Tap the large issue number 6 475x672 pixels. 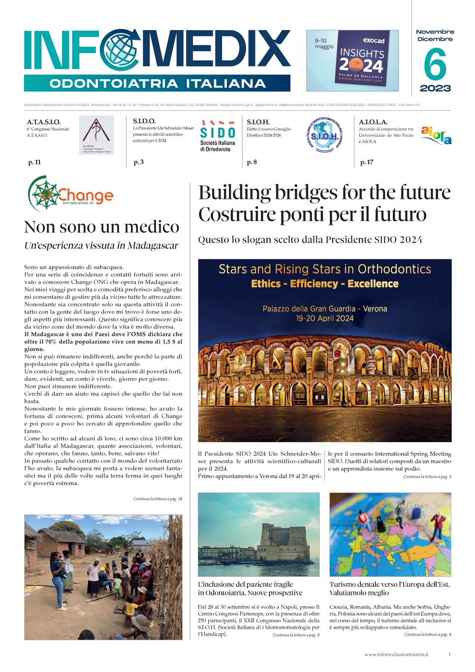point(435,64)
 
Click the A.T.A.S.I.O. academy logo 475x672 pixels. point(96,135)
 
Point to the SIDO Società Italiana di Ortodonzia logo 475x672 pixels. point(217,135)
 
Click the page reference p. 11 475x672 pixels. point(34,162)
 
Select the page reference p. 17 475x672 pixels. point(367,162)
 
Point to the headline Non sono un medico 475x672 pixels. point(101,227)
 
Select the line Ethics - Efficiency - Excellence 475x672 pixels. point(324,284)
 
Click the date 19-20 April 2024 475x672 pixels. point(324,318)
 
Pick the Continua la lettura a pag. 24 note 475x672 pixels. point(158,499)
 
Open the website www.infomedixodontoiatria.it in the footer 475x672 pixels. point(396,654)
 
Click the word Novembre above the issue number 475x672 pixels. point(435,32)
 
